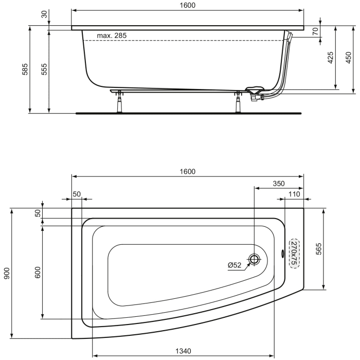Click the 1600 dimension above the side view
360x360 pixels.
[188, 5]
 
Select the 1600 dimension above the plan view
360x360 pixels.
[188, 171]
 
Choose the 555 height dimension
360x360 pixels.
[44, 70]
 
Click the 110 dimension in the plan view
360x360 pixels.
[294, 194]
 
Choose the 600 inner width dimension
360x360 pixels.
[37, 273]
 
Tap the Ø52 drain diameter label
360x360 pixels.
[235, 265]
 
